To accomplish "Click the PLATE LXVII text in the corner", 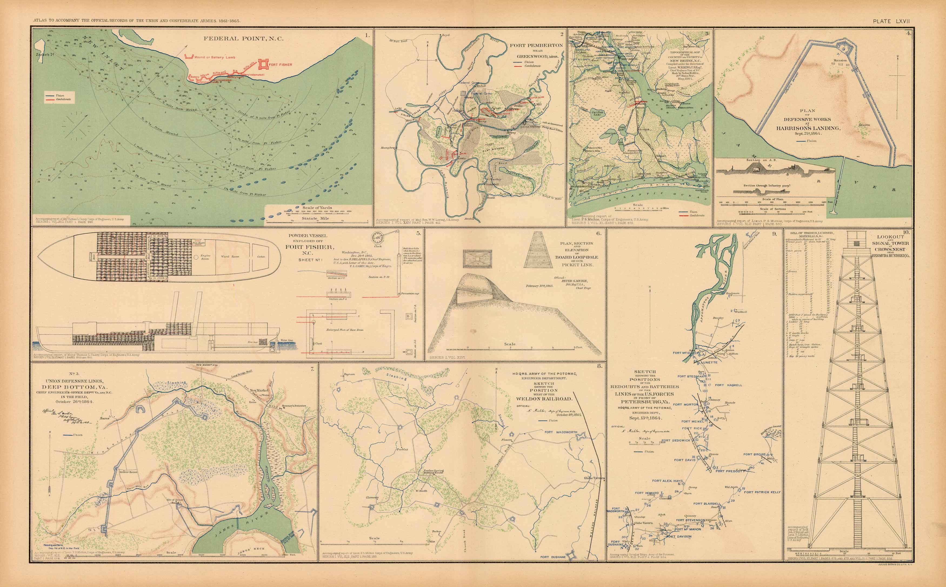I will [894, 21].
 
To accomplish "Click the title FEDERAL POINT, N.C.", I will [244, 38].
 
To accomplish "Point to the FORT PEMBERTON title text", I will [536, 45].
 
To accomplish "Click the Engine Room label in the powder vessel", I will [205, 257].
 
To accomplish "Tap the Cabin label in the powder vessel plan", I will [261, 257].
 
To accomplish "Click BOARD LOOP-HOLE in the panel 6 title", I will [576, 257].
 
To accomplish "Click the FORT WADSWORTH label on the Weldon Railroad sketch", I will [561, 432].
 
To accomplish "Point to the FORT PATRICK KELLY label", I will [762, 492].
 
